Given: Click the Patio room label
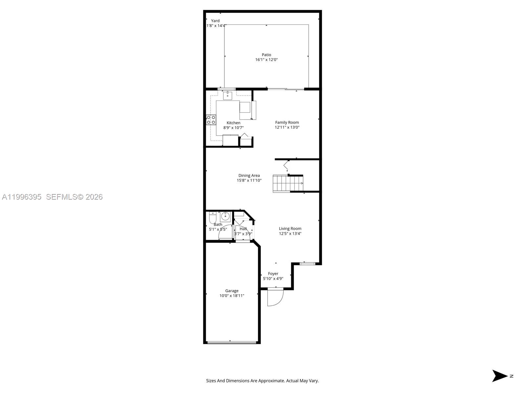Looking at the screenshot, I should click(266, 55).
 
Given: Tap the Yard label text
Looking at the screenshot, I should click(215, 21).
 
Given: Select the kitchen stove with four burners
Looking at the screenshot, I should click(211, 120).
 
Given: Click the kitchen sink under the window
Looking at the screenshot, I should click(227, 96).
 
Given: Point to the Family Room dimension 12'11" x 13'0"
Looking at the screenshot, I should click(287, 127).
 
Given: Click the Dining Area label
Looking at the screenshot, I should click(249, 175).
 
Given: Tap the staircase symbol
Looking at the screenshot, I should click(288, 183).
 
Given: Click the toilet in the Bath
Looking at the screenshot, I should click(213, 217).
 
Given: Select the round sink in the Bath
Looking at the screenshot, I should click(225, 216).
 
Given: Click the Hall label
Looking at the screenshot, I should click(243, 229).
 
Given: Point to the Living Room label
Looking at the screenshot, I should click(290, 229).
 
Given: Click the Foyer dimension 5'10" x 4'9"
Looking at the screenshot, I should click(273, 278).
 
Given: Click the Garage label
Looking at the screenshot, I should click(232, 291).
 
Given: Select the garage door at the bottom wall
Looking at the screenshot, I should click(232, 342).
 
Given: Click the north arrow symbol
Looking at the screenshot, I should click(499, 376).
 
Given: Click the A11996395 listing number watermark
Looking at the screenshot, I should click(22, 197).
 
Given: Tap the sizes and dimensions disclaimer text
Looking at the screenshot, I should click(262, 381).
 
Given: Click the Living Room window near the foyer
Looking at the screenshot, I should click(307, 263).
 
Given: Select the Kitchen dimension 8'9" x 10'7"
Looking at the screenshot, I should click(234, 128).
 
